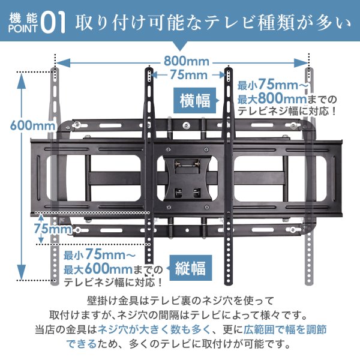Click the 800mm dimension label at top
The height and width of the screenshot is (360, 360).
[182, 61]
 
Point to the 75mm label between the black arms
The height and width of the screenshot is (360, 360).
[188, 75]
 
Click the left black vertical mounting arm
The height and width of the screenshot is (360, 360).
[148, 174]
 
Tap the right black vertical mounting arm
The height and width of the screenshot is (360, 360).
[229, 174]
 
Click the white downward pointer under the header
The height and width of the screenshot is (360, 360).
[181, 47]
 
